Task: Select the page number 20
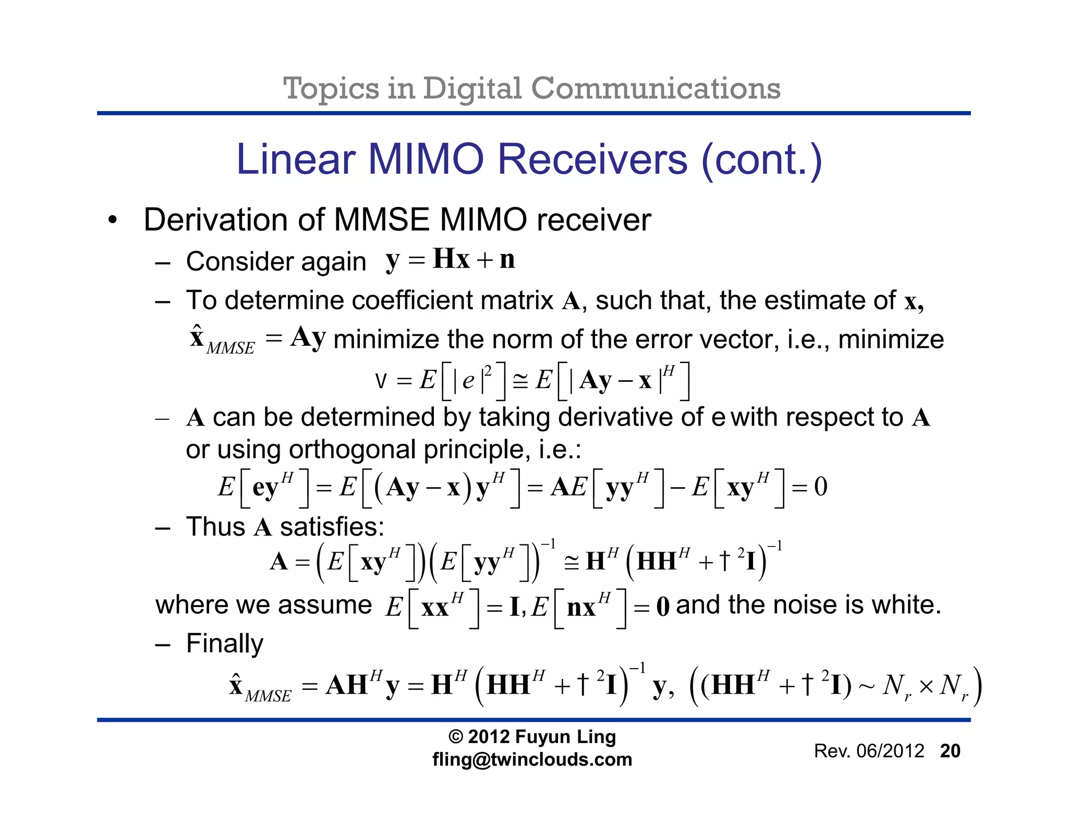point(950,751)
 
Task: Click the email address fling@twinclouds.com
point(532,759)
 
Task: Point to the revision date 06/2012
point(890,751)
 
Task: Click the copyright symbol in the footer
point(456,737)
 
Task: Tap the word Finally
point(225,643)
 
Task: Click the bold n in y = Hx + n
point(507,259)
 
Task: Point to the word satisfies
point(332,527)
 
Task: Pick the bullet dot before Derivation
point(113,220)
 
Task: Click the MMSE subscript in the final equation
point(268,696)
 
